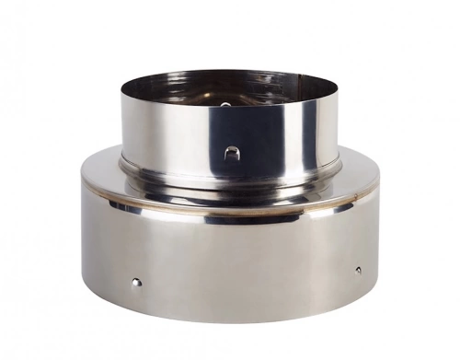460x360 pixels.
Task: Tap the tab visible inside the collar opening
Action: [224, 105]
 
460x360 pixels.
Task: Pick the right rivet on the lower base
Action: [358, 270]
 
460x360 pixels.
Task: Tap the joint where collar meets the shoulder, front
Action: [230, 177]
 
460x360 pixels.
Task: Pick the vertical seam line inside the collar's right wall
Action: [313, 90]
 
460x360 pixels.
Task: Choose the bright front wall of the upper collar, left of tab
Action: [184, 138]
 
